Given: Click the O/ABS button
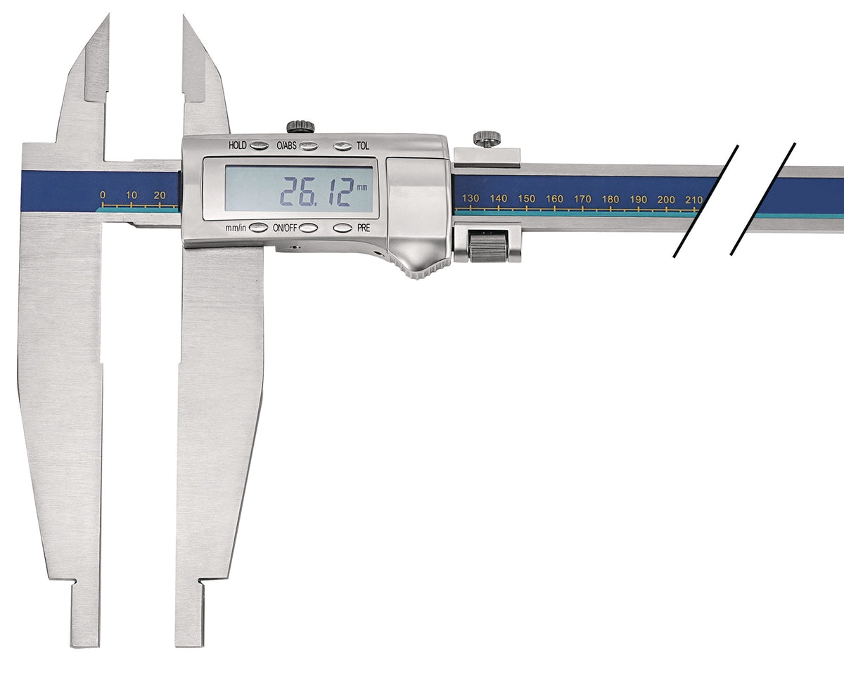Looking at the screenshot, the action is tap(309, 146).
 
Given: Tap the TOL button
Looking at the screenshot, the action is tap(343, 146).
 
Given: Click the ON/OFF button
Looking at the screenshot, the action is tap(309, 228).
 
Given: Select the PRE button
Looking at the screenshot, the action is tap(343, 228).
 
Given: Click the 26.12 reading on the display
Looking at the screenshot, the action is tap(316, 192).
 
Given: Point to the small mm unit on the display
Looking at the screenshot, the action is tap(362, 188).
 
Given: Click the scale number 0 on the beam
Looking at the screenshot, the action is tap(103, 195).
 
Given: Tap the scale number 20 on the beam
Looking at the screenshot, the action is tap(160, 195).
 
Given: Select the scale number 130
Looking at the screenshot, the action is tap(471, 198).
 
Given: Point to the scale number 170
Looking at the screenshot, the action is tap(582, 199).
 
